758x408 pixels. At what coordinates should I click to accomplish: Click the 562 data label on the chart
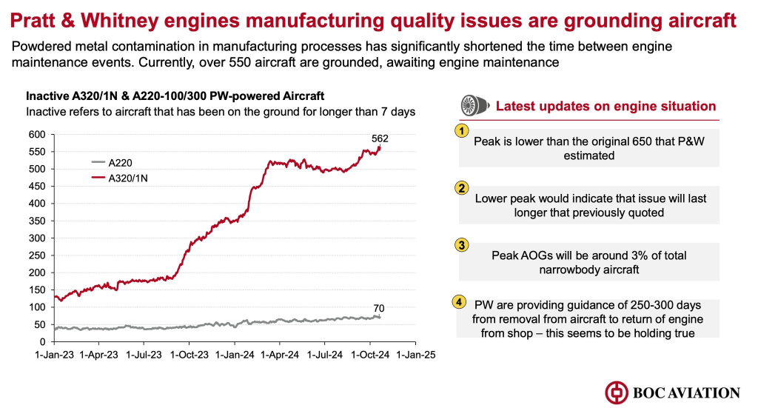click(x=380, y=138)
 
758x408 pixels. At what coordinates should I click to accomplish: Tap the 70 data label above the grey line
click(x=379, y=308)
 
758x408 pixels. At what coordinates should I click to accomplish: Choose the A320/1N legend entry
click(x=127, y=177)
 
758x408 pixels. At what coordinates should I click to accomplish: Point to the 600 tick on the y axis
click(x=37, y=135)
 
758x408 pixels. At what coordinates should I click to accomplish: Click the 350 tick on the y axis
click(x=37, y=221)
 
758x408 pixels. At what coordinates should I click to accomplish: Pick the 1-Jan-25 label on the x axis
click(x=415, y=354)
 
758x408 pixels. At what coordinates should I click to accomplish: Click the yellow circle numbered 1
click(x=462, y=131)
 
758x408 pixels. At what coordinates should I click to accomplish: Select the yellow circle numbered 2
click(x=462, y=188)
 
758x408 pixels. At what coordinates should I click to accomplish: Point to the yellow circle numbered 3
click(x=462, y=245)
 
